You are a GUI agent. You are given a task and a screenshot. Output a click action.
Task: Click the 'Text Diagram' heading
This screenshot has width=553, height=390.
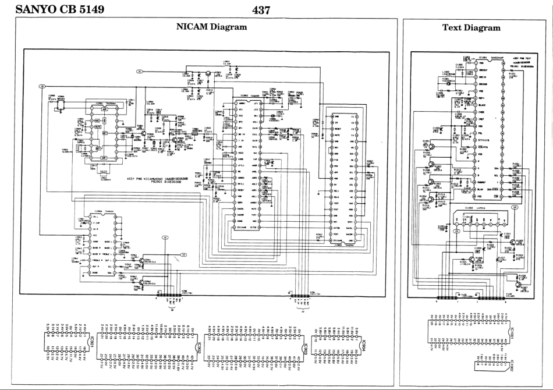click(471, 27)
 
